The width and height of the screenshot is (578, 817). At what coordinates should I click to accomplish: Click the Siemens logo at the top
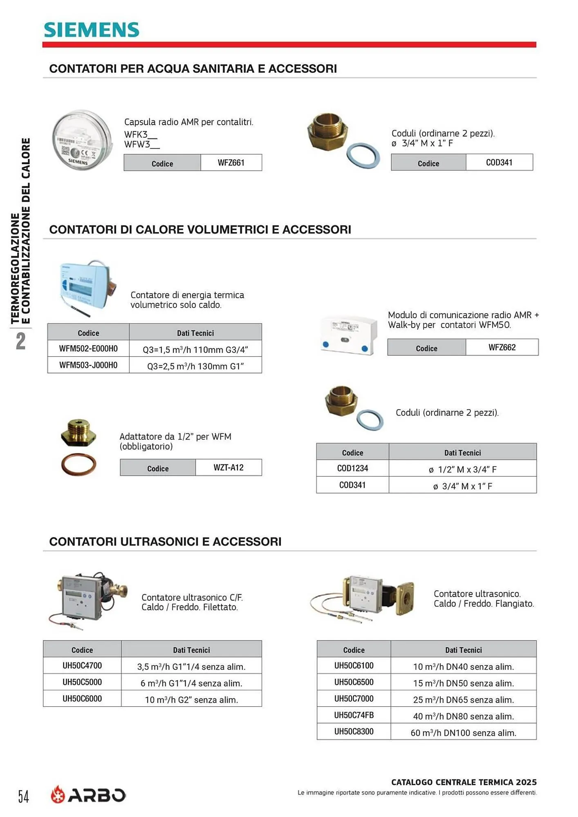[x=92, y=30]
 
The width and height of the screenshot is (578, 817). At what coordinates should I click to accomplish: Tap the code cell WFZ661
[x=231, y=163]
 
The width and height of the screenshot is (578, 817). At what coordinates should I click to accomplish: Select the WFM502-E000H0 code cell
[x=88, y=349]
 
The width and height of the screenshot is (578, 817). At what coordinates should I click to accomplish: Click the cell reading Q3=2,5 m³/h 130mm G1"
[x=195, y=366]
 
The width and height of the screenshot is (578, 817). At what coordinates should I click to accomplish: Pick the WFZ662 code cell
[x=502, y=348]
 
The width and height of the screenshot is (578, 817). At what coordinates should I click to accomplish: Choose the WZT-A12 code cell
[x=229, y=468]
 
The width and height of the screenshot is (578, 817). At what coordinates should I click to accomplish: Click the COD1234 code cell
[x=352, y=469]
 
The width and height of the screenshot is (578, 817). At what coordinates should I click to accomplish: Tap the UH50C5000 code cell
[x=82, y=682]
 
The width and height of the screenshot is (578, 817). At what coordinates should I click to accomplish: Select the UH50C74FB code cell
[x=354, y=715]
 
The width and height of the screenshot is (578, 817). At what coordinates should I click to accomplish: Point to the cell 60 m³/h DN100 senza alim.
[x=463, y=733]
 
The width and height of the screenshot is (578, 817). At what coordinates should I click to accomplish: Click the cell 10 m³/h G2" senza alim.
[x=191, y=700]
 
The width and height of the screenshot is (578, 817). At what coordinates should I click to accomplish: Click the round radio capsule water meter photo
[x=82, y=140]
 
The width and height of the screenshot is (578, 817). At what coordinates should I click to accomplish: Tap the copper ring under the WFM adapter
[x=79, y=465]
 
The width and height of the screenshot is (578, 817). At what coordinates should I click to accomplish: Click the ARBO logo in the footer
[x=88, y=795]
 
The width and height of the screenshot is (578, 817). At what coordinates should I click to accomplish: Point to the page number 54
[x=24, y=797]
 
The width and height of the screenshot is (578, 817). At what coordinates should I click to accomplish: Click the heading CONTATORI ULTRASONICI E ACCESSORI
[x=165, y=542]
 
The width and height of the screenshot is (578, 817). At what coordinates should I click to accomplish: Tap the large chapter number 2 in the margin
[x=20, y=342]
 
